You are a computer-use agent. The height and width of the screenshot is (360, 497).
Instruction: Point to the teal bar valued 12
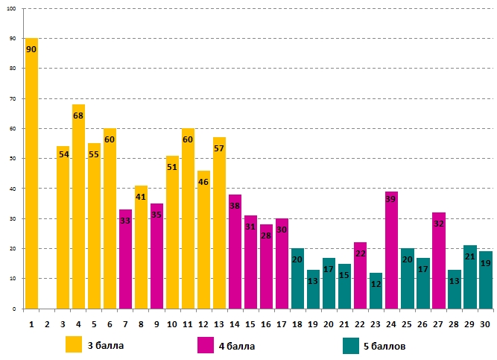coord(376,291)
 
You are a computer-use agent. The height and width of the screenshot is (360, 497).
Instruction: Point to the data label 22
coord(360,253)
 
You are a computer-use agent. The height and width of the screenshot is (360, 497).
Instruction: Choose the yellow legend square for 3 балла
coord(74,344)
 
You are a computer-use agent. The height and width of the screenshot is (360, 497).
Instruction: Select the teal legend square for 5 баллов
coord(352,344)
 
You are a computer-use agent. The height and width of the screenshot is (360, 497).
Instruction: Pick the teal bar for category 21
coord(344,286)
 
